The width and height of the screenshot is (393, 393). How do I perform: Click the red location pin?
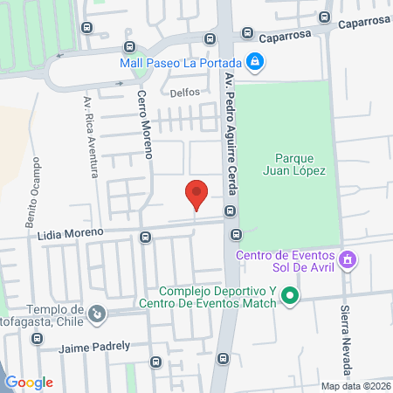196,193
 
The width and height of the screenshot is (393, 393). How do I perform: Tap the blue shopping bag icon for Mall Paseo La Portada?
254,61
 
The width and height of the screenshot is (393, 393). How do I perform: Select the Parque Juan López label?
293,165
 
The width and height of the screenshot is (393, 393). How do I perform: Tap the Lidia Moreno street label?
71,233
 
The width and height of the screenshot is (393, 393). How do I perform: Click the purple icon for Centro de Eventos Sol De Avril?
348,259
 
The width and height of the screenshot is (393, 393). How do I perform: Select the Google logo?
30,382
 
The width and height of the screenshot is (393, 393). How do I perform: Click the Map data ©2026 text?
355,386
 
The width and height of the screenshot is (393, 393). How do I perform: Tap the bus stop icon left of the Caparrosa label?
210,38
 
